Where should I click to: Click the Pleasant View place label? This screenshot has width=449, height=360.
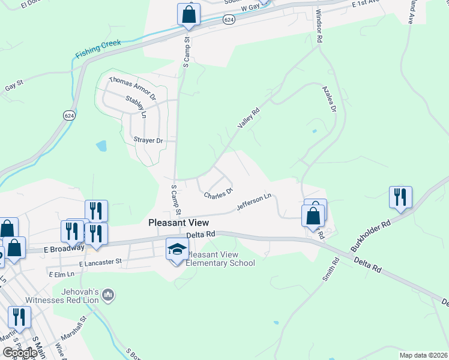pos(178,222)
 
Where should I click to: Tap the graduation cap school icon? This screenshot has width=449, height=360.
pos(177,249)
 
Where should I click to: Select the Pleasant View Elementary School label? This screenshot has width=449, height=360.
pos(220,259)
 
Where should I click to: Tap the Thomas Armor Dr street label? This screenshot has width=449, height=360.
pos(132,88)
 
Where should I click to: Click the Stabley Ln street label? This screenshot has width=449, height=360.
pos(136,106)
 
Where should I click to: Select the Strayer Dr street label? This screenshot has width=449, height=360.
pos(147,140)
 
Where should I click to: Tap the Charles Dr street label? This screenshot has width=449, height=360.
pos(218,194)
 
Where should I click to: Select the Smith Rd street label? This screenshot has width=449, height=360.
pos(331,269)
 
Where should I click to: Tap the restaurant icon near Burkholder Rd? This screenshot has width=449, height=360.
pos(400,197)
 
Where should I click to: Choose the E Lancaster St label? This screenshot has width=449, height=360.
pos(100,262)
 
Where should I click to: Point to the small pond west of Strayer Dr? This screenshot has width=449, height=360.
pos(101,145)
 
